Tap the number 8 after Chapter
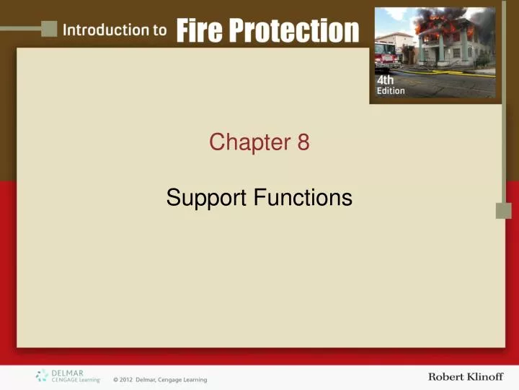[x=303, y=143]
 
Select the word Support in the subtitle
[x=205, y=197]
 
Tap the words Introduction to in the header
[x=115, y=30]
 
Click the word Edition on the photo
[x=391, y=91]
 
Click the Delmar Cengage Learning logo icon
[x=42, y=376]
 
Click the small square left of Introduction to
[x=49, y=28]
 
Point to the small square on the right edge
[x=503, y=210]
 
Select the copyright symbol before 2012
[x=115, y=380]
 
